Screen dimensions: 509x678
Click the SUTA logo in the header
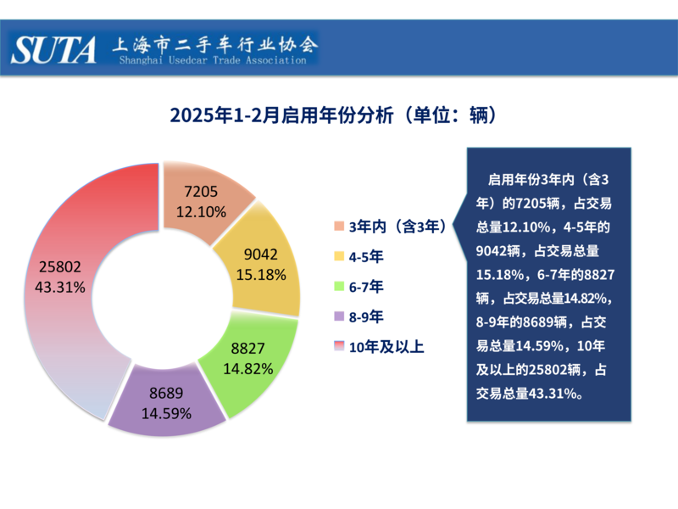[x=55, y=49]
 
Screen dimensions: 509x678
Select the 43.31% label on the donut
[x=60, y=287]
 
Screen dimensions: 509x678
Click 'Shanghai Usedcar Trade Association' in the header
[x=211, y=60]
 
